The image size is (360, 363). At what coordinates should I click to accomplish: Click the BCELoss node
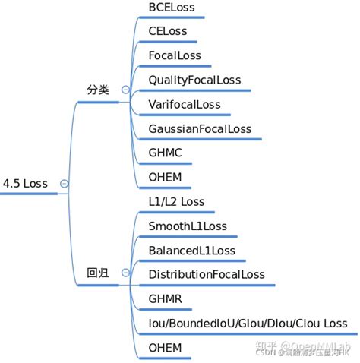tap(172, 8)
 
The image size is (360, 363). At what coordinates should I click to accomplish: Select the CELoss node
tap(168, 32)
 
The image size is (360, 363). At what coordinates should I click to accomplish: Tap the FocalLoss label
tap(175, 56)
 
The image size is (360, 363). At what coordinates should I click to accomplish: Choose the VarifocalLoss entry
tap(185, 105)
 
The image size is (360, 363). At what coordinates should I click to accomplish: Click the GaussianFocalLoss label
tap(200, 129)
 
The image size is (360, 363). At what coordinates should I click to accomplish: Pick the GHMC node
tap(166, 153)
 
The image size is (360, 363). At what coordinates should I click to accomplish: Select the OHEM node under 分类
tap(166, 178)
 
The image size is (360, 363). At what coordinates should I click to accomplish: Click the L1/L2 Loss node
tap(176, 202)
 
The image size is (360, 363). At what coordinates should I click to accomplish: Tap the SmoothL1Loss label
tap(188, 226)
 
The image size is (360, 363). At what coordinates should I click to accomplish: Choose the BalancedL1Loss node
tap(192, 251)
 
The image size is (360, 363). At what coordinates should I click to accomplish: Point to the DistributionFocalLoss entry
tap(207, 275)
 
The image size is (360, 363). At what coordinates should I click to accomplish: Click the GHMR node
tap(166, 299)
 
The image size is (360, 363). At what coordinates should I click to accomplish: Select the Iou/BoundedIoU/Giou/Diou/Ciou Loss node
tap(248, 324)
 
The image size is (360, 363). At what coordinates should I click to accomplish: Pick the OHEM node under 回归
tap(166, 348)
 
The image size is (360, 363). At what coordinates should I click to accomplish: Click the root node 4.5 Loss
tap(25, 184)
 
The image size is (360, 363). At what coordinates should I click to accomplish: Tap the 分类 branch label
tap(99, 90)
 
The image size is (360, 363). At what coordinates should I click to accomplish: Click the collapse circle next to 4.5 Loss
tap(64, 184)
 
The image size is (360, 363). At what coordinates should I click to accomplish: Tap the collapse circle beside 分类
tap(125, 90)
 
